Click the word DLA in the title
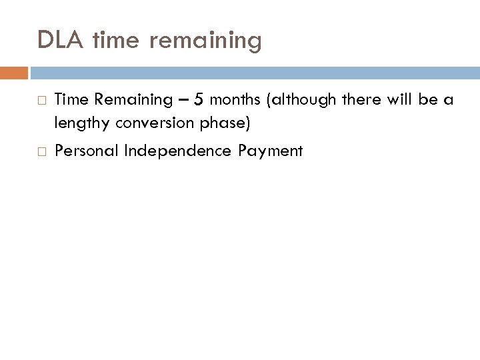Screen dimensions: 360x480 [x=61, y=41]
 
